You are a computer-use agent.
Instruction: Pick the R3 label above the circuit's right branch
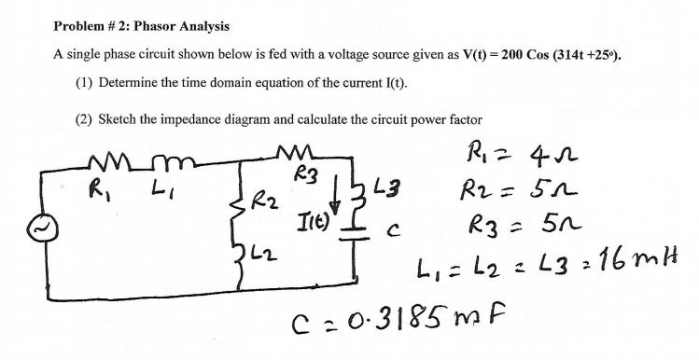click(301, 174)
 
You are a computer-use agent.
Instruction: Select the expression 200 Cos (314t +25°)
click(561, 54)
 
